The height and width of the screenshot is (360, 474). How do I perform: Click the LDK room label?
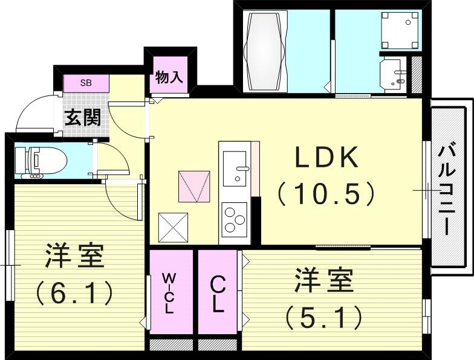coord(327,158)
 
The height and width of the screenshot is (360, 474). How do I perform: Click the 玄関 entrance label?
coord(83,117)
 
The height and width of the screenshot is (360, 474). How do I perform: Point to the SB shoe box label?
coord(86,83)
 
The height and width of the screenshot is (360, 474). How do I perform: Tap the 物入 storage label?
coord(169,77)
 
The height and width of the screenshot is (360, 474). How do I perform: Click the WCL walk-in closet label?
coord(169,292)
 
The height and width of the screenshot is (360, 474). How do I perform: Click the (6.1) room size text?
coord(74,292)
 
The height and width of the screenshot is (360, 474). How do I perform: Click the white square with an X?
coord(174,228)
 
